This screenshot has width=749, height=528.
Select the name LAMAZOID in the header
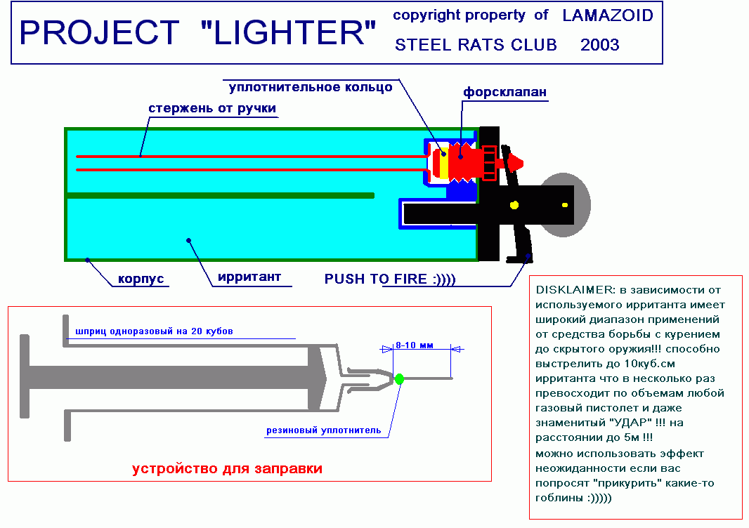(608, 15)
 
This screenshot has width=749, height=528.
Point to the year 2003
(600, 45)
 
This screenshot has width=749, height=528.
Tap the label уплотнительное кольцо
(311, 87)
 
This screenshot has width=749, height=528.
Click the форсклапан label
(505, 92)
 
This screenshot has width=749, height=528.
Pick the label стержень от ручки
(212, 109)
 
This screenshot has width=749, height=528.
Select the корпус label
(141, 279)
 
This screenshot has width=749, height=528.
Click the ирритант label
(249, 277)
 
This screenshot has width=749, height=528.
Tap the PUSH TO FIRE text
(390, 279)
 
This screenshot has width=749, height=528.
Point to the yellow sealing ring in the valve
(444, 163)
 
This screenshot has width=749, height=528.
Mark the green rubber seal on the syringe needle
(399, 379)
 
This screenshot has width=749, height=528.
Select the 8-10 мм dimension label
(415, 345)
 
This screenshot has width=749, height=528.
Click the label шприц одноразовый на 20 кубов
(154, 331)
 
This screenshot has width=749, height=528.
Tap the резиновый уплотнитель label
(323, 430)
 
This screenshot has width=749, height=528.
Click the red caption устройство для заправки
(227, 469)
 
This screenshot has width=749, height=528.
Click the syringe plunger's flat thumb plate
(25, 376)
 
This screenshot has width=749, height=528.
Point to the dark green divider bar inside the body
(220, 195)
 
